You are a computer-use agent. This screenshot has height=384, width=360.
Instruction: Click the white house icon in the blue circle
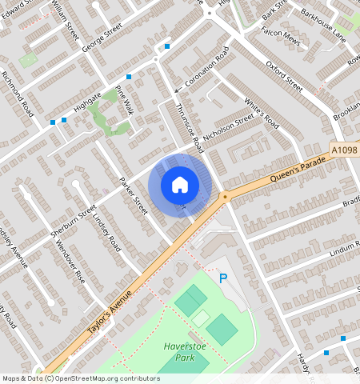pos(180,186)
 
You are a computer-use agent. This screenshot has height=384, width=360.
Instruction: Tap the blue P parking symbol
pos(224,278)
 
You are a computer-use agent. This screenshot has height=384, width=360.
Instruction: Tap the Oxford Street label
pos(284,74)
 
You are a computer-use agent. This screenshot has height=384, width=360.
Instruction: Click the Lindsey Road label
pos(106,230)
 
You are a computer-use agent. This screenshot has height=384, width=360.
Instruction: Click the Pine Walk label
pos(124,100)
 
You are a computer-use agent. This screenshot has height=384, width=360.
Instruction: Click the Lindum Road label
pos(345,253)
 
